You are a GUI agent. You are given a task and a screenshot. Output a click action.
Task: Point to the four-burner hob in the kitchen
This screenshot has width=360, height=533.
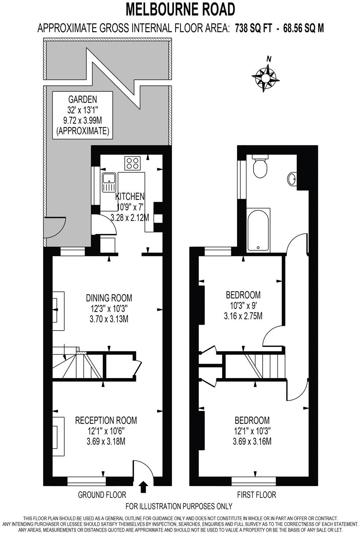[133, 163]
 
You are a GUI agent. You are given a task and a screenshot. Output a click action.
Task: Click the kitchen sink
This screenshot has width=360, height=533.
[109, 182]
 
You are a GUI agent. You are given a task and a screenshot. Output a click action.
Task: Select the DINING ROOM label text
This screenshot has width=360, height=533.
[109, 298]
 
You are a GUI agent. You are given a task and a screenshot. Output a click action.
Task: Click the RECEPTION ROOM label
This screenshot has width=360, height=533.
[106, 420]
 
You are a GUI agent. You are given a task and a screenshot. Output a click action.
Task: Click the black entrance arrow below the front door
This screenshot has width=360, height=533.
[143, 487]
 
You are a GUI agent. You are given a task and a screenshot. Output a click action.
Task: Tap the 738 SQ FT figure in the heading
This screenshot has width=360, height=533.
[253, 28]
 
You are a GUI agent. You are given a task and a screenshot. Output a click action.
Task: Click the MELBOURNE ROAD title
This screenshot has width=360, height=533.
[180, 9]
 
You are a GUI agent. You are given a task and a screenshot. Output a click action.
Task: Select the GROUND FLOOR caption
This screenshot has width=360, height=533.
[102, 495]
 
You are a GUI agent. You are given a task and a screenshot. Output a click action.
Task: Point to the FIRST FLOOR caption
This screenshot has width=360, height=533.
[256, 495]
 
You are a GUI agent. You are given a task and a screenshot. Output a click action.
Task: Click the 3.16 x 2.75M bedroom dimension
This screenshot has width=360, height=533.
[243, 316]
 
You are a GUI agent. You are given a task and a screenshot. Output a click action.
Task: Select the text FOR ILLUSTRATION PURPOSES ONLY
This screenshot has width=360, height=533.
[179, 507]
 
